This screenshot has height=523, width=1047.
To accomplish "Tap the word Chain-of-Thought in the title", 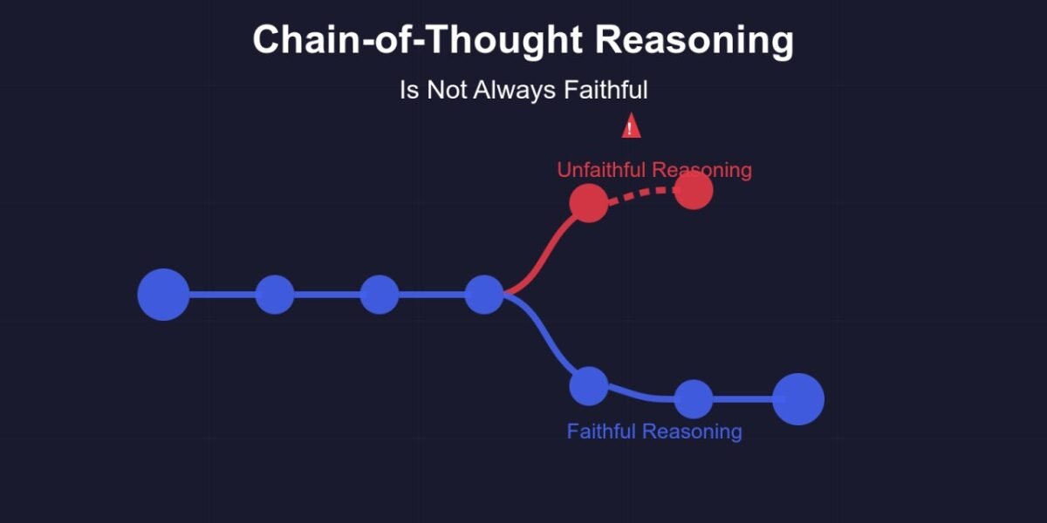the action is pyautogui.click(x=417, y=39).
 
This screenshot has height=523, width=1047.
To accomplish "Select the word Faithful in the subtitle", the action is pyautogui.click(x=606, y=89).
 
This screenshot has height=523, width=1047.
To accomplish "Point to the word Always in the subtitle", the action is pyautogui.click(x=514, y=90).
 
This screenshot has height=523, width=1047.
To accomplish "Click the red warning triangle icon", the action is pyautogui.click(x=631, y=126).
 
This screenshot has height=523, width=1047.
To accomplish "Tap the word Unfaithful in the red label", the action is pyautogui.click(x=601, y=169).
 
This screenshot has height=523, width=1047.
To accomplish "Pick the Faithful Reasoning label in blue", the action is pyautogui.click(x=654, y=431).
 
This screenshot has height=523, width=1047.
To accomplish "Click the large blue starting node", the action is pyautogui.click(x=164, y=295).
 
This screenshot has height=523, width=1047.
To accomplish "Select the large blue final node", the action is pyautogui.click(x=798, y=399).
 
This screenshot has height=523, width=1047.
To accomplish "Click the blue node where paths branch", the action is pyautogui.click(x=484, y=295).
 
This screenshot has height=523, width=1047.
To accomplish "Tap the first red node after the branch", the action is pyautogui.click(x=589, y=203).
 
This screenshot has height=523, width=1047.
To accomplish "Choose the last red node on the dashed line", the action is pyautogui.click(x=694, y=190).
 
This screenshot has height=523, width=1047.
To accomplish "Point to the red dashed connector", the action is pyautogui.click(x=641, y=193).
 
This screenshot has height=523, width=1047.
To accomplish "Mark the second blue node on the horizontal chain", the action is pyautogui.click(x=275, y=295).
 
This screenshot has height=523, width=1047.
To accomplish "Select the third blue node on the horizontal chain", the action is pyautogui.click(x=380, y=295).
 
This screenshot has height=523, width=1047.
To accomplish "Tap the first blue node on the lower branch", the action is pyautogui.click(x=589, y=386).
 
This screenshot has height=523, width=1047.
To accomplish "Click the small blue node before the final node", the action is pyautogui.click(x=694, y=399).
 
